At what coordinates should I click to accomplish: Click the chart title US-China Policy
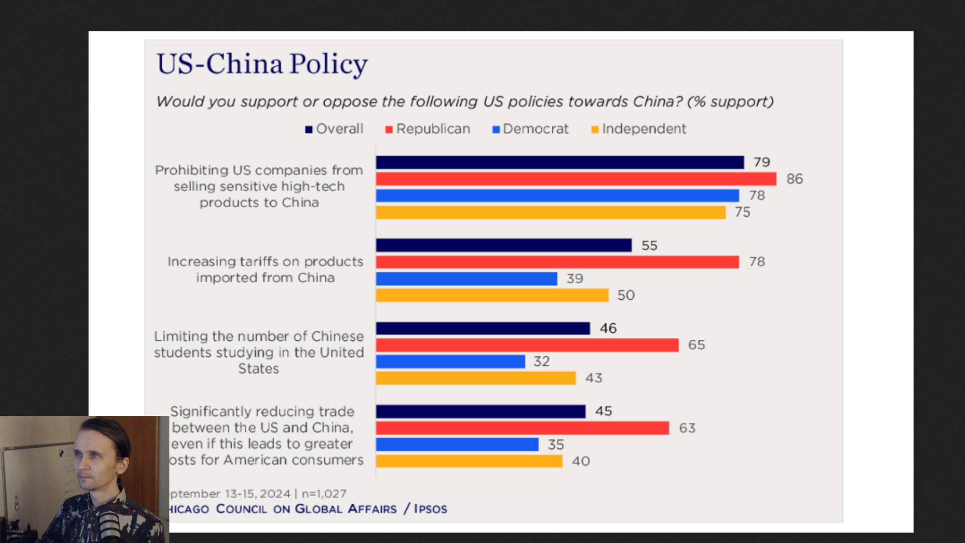[x=262, y=64]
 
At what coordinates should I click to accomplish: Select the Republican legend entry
[x=428, y=129]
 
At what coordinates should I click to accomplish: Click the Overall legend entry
[x=334, y=129]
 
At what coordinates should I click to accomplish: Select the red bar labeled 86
[x=576, y=179]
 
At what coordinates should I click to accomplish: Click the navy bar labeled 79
[x=560, y=162]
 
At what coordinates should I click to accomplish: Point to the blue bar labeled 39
[x=466, y=279]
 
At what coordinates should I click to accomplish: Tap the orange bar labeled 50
[x=492, y=295]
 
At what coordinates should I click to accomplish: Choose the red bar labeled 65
[x=527, y=345]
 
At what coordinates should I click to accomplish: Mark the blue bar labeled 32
[x=450, y=361]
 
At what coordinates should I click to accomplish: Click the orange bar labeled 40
[x=469, y=461]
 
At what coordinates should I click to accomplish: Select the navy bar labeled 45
[x=480, y=411]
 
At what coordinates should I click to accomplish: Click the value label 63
[x=687, y=428]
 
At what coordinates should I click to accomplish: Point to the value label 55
[x=649, y=245]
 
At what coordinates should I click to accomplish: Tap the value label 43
[x=594, y=378]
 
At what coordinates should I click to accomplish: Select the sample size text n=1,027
[x=324, y=494]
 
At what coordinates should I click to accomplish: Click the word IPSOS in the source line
[x=431, y=509]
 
